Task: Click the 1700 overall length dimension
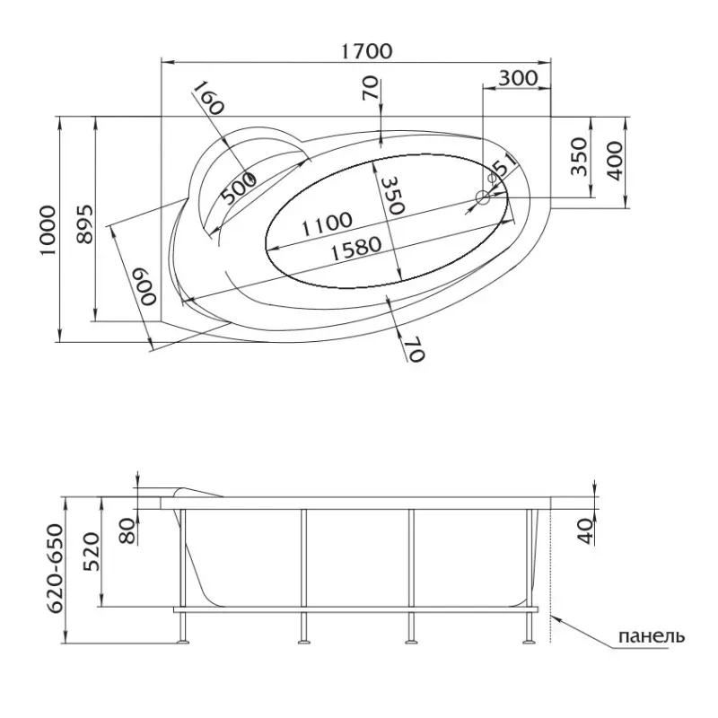(x=366, y=51)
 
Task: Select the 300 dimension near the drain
(x=518, y=78)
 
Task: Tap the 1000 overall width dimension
(x=48, y=231)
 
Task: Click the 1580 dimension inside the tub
(x=355, y=249)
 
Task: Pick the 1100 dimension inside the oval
(x=327, y=223)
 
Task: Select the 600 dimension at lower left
(x=144, y=287)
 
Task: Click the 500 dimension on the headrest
(x=238, y=188)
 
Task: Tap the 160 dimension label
(x=208, y=99)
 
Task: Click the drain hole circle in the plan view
(x=483, y=197)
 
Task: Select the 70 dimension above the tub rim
(x=371, y=88)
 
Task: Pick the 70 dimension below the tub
(x=415, y=349)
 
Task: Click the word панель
(x=652, y=636)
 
